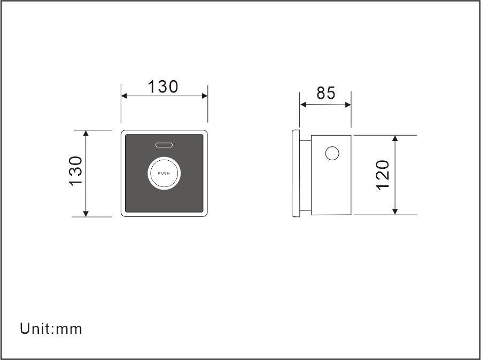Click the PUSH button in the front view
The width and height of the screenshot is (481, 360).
[x=164, y=173]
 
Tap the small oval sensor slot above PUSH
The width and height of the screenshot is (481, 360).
[x=164, y=145]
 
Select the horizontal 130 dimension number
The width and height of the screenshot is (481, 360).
[x=162, y=87]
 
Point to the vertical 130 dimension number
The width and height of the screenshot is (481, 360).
[x=76, y=171]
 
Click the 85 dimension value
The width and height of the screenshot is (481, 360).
[x=326, y=93]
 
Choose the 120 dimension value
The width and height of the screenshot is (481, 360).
[x=383, y=175]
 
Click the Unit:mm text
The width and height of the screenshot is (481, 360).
[x=51, y=328]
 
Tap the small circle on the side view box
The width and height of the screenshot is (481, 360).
[x=332, y=153]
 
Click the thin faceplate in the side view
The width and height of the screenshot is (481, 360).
[x=296, y=173]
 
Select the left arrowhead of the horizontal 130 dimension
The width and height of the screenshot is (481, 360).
[x=124, y=96]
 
